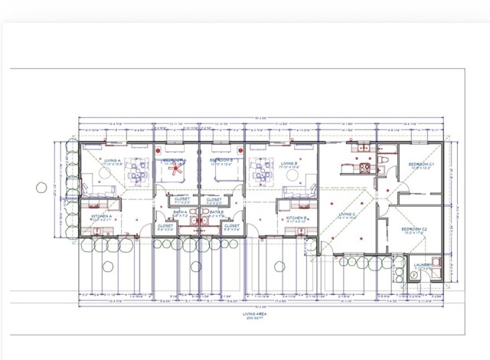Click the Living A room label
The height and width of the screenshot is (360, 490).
point(113,162)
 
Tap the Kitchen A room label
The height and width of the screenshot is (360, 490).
point(103,217)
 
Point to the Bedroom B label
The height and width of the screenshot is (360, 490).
point(220,161)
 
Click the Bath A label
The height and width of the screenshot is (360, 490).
point(180,213)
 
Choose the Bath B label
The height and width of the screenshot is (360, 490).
point(216,213)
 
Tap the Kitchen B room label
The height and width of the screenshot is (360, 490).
point(296,218)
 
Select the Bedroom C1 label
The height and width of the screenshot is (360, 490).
point(420,165)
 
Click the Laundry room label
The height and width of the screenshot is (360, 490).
point(423,265)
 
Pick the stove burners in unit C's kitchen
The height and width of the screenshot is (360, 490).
point(365,167)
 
